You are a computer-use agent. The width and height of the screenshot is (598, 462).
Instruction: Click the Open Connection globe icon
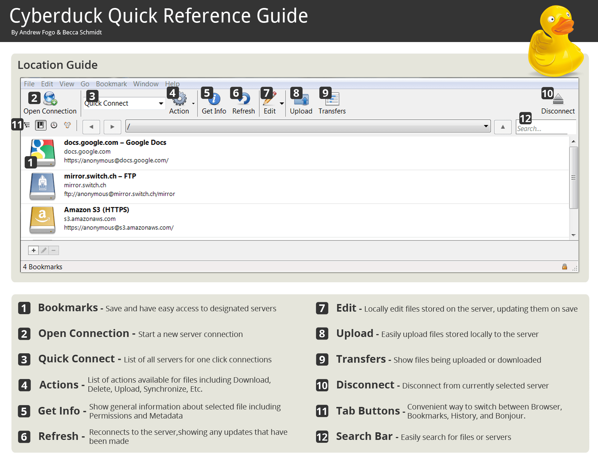(50, 98)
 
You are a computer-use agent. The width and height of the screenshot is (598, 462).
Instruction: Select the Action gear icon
(180, 99)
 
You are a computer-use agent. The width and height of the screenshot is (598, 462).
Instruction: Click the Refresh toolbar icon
(245, 99)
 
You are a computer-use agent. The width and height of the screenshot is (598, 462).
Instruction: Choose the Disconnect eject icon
(558, 99)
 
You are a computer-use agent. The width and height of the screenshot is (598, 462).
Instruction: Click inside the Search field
(544, 128)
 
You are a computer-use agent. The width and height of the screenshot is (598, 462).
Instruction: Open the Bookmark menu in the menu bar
(111, 84)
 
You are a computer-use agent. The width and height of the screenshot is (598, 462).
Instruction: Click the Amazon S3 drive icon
(42, 220)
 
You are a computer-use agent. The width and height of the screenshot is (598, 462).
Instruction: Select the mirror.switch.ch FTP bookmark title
(100, 176)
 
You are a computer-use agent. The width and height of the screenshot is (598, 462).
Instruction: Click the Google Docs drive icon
(42, 152)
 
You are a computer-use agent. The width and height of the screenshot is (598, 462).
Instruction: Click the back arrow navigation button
(91, 127)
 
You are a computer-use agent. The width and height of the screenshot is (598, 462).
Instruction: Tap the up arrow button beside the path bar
(503, 127)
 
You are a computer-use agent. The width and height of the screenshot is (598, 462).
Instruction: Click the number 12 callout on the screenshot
(525, 118)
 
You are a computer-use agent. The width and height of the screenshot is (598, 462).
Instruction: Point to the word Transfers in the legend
(361, 359)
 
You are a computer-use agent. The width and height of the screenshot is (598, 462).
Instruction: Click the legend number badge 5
(24, 411)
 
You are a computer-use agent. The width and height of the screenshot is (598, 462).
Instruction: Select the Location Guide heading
(58, 65)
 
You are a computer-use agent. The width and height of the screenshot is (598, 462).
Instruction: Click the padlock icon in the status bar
(564, 267)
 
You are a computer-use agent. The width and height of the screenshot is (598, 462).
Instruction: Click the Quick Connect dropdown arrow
(161, 104)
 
